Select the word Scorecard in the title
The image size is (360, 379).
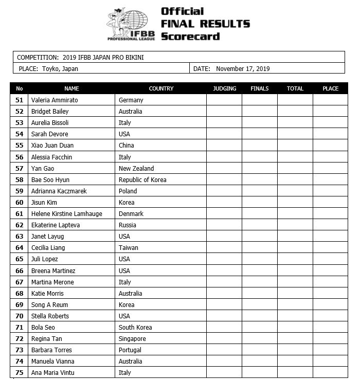190,36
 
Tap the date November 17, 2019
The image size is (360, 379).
243,69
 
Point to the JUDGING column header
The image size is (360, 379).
225,88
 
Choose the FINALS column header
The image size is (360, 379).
260,88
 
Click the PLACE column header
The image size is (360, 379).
330,88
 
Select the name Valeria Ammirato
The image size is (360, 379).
55,100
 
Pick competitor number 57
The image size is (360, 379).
20,168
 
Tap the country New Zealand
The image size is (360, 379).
136,168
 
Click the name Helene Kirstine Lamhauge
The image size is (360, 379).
66,213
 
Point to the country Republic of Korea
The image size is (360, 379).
142,179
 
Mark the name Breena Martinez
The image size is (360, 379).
53,270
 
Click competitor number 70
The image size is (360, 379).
20,316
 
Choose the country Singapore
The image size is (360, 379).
132,339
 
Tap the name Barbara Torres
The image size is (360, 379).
51,350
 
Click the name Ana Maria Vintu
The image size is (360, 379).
53,373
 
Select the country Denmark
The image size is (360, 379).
131,213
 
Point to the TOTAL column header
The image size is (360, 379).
295,88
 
